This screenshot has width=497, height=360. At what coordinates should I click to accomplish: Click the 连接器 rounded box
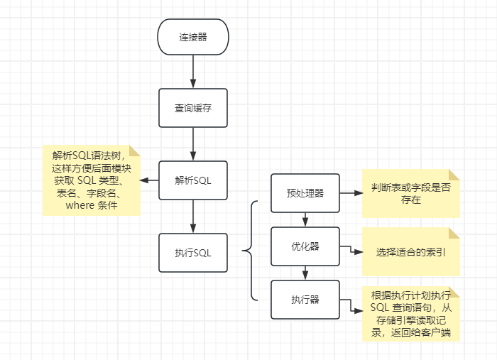click(x=192, y=37)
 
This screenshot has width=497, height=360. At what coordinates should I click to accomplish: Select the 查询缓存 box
click(x=192, y=108)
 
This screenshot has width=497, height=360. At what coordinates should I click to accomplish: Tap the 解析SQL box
click(x=192, y=180)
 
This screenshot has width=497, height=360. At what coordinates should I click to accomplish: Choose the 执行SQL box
click(x=192, y=252)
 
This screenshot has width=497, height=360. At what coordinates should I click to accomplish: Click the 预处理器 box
click(x=305, y=192)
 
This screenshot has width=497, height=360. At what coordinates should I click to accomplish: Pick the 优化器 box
click(x=305, y=246)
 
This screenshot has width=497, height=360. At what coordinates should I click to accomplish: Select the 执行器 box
click(x=305, y=300)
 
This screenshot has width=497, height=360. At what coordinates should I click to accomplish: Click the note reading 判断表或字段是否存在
click(x=410, y=193)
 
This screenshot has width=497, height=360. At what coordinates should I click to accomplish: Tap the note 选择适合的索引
click(x=410, y=252)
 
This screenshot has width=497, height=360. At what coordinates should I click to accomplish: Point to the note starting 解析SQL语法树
click(x=91, y=180)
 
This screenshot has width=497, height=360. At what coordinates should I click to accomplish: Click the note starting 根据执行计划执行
click(x=410, y=315)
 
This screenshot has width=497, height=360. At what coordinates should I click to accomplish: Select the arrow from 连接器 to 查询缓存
click(x=192, y=72)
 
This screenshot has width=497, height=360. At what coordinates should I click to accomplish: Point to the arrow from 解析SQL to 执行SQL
click(x=192, y=216)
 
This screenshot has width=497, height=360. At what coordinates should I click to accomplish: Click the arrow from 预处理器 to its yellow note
click(x=351, y=192)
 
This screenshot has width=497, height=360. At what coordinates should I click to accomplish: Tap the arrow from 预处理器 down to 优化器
click(x=305, y=219)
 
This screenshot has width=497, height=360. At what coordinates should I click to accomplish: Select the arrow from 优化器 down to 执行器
click(x=305, y=273)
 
